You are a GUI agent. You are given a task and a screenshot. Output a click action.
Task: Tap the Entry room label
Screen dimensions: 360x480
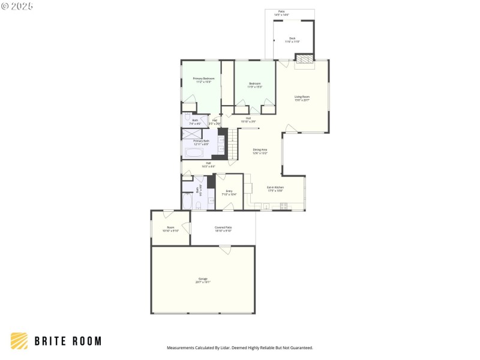[x=229, y=193]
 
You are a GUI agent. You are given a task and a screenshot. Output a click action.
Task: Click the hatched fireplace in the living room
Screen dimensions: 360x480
[x=304, y=59]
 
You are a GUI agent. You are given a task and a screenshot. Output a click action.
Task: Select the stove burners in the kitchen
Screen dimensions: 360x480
[x=284, y=206]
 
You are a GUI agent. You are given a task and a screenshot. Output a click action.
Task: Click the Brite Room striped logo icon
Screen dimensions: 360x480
[x=19, y=341]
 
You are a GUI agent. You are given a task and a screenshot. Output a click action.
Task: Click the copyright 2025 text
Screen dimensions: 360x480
[x=17, y=6]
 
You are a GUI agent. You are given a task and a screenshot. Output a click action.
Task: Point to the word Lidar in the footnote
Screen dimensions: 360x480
[x=226, y=348]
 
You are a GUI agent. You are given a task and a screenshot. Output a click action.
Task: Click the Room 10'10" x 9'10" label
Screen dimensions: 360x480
[x=170, y=229]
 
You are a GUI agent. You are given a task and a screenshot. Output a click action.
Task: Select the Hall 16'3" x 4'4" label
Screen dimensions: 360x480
[x=208, y=164]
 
